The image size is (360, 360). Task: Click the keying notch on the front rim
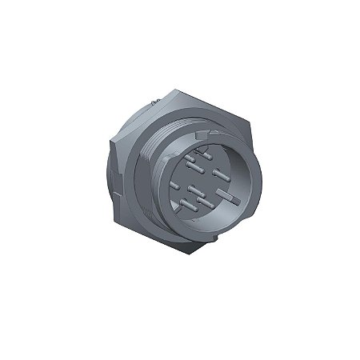207,143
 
